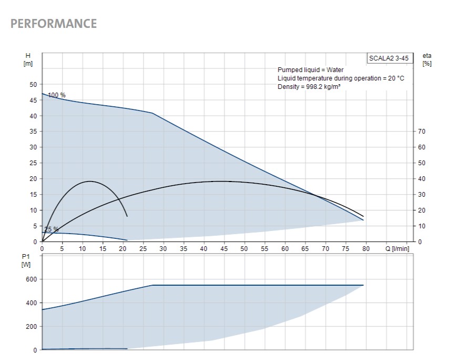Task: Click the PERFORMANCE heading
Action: (54, 24)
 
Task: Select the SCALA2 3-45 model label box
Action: (388, 58)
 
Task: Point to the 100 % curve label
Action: (57, 95)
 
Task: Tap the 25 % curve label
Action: (52, 229)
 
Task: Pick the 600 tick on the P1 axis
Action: (32, 279)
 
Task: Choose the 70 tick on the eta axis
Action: (421, 132)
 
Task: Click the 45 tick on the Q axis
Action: (224, 248)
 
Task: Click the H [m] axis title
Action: (28, 59)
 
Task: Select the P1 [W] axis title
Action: (26, 260)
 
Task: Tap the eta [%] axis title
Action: (427, 59)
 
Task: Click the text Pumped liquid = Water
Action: (310, 70)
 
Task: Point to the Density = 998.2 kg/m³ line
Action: (309, 87)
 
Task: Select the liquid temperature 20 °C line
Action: (341, 78)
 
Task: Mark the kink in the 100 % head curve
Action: (152, 113)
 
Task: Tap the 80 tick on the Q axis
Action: (366, 248)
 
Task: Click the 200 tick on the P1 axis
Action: (32, 327)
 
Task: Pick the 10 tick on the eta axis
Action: (421, 226)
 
